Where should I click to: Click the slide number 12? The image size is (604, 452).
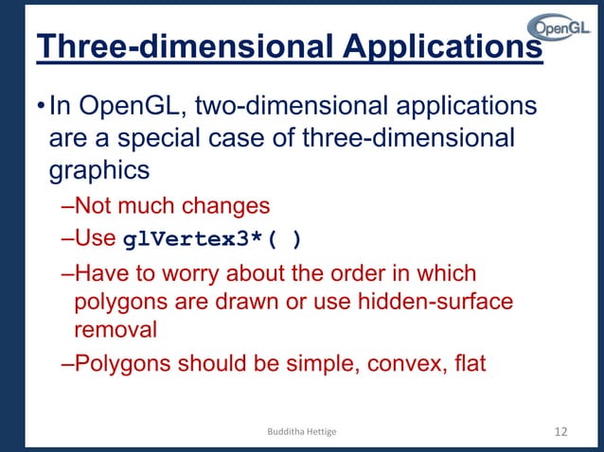point(559,432)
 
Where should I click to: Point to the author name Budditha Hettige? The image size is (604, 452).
point(302,432)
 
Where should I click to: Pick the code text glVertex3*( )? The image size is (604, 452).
point(213,239)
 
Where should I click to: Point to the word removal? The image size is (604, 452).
point(116,329)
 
